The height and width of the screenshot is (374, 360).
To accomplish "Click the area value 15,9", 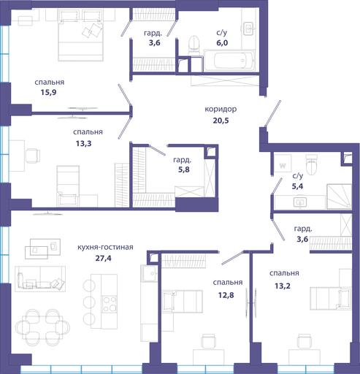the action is click(49, 93).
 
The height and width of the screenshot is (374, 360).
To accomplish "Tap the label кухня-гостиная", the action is click(105, 247).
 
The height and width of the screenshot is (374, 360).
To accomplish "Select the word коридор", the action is click(221, 109).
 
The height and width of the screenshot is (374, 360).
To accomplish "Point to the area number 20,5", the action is click(221, 121).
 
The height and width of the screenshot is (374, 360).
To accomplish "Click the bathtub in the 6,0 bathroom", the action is click(229, 61).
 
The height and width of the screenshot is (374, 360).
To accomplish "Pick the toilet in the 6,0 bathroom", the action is click(194, 44).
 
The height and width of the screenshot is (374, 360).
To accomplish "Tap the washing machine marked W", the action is click(283, 166).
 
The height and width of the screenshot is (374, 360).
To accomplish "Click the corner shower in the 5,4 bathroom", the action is click(339, 196).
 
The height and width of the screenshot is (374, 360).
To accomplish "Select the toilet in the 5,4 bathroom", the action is click(312, 164).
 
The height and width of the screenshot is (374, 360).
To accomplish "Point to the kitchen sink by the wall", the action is click(150, 273).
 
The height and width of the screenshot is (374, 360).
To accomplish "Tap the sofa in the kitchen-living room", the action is click(40, 278).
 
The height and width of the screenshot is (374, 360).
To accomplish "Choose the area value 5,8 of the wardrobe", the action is click(184, 169).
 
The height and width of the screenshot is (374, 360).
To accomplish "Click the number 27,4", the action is click(103, 258).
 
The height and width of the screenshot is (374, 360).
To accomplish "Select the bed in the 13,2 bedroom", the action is click(330, 298).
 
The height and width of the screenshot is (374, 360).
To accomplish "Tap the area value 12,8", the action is click(226, 295).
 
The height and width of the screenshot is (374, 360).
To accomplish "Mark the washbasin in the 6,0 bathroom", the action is click(248, 29).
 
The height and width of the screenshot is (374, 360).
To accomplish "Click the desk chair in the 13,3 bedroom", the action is click(33, 156).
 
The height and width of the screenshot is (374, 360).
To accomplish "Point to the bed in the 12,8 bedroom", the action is click(183, 302).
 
